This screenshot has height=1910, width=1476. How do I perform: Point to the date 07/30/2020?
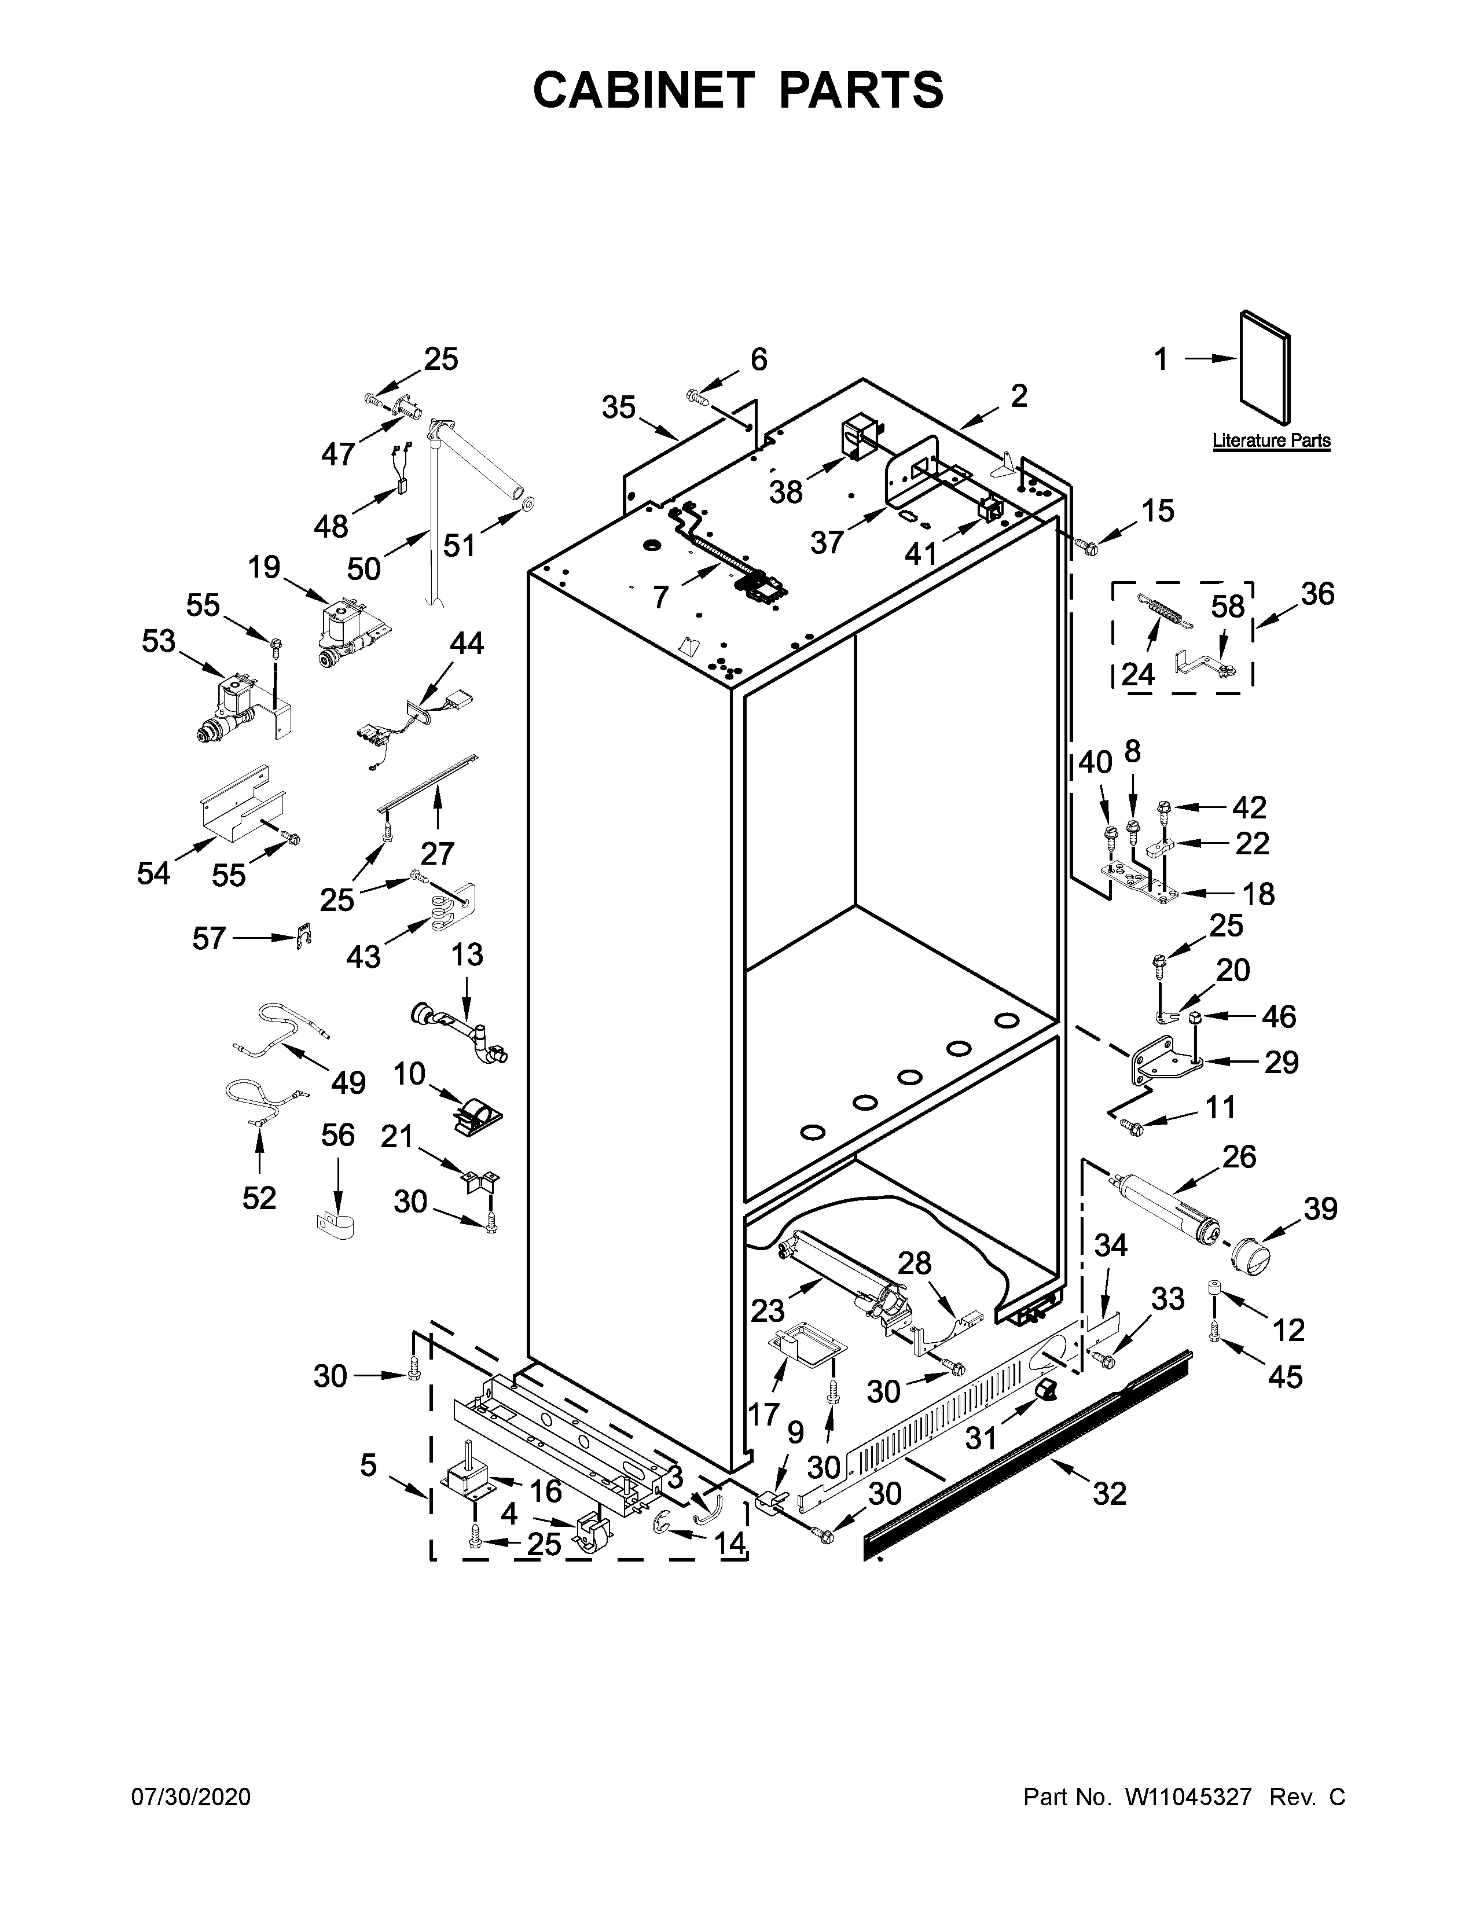(x=190, y=1797)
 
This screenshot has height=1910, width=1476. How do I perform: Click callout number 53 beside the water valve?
(x=159, y=641)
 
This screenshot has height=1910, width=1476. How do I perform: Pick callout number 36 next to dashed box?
(x=1317, y=594)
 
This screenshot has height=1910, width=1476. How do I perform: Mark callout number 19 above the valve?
(x=263, y=568)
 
